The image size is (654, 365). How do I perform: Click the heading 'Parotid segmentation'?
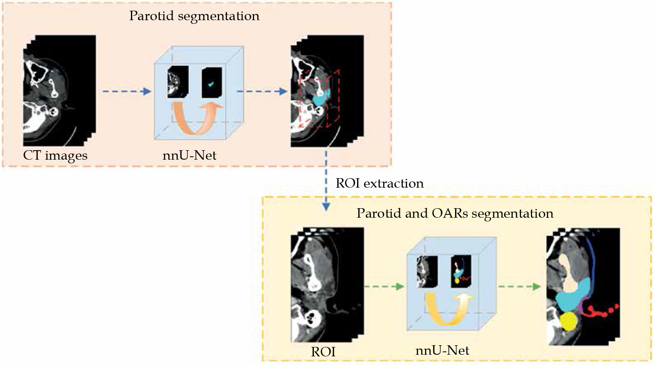pos(194,16)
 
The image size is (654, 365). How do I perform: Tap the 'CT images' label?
pos(55,156)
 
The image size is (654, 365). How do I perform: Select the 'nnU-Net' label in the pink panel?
pos(189,156)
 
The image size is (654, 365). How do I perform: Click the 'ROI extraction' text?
pos(379,183)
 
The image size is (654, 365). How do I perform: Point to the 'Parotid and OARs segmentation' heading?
pos(455,213)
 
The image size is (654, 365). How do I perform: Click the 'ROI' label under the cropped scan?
pos(323,352)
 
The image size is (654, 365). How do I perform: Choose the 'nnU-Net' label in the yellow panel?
pos(442,350)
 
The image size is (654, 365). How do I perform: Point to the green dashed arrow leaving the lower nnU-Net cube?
pos(519,286)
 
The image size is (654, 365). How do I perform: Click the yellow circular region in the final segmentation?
pos(568,321)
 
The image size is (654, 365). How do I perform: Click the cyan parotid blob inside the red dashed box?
pos(320,99)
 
